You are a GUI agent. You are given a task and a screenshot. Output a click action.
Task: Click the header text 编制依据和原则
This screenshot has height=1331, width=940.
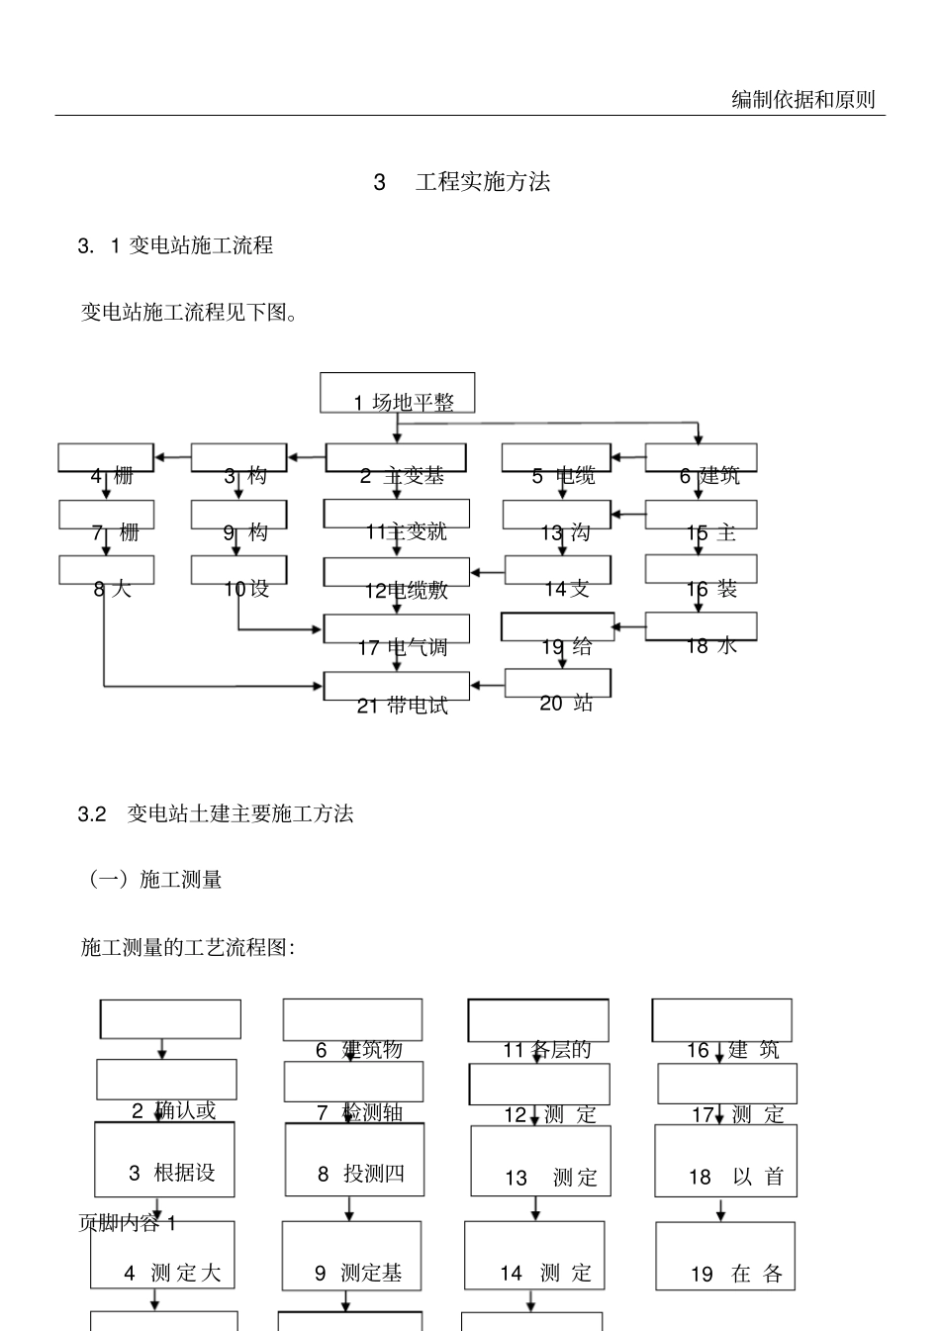coord(802,99)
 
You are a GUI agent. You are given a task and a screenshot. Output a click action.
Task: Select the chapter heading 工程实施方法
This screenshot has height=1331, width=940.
coord(482,182)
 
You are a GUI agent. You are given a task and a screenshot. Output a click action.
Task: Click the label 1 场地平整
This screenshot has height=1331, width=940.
coord(404,402)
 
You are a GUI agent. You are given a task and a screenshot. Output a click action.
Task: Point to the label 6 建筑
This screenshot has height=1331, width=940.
coord(708,476)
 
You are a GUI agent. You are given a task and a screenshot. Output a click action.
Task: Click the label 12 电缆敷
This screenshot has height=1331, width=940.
coord(406,591)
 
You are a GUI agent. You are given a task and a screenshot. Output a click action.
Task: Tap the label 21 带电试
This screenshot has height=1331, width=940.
coord(402,706)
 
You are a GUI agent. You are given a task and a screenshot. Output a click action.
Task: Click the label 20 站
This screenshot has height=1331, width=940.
coord(565,703)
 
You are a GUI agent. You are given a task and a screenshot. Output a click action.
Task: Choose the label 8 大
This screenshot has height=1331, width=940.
coord(112,589)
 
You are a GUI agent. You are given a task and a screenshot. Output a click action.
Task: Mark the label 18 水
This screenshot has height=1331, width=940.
coord(711,646)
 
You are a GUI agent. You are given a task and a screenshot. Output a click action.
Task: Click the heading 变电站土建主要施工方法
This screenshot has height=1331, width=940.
coord(240,813)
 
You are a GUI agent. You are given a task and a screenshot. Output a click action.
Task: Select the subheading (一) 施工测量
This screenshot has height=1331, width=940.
coord(155,879)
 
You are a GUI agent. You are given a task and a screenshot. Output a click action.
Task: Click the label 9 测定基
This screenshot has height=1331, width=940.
coord(358,1274)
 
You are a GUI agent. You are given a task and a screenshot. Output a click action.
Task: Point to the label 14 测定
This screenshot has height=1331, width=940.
coord(545,1274)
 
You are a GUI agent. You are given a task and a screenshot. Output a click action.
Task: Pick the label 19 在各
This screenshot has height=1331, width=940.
coord(736,1275)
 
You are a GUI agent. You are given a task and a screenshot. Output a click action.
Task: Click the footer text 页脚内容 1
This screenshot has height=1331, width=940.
coord(127,1223)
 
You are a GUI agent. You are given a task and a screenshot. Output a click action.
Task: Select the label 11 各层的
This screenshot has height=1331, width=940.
coord(546,1050)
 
